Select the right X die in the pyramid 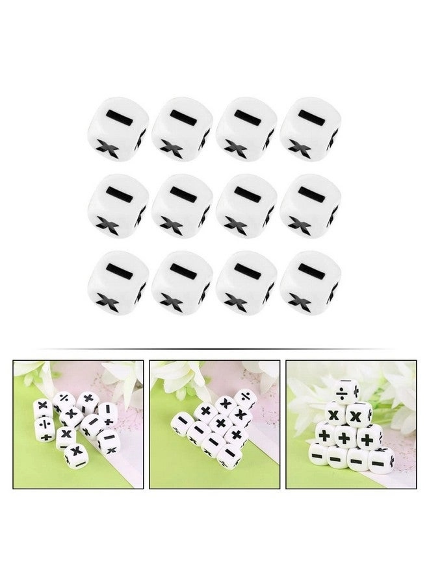pyautogui.click(x=359, y=414)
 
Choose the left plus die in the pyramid pyautogui.click(x=325, y=435)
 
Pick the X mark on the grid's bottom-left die pyautogui.click(x=106, y=300)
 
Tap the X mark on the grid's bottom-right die pyautogui.click(x=298, y=300)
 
